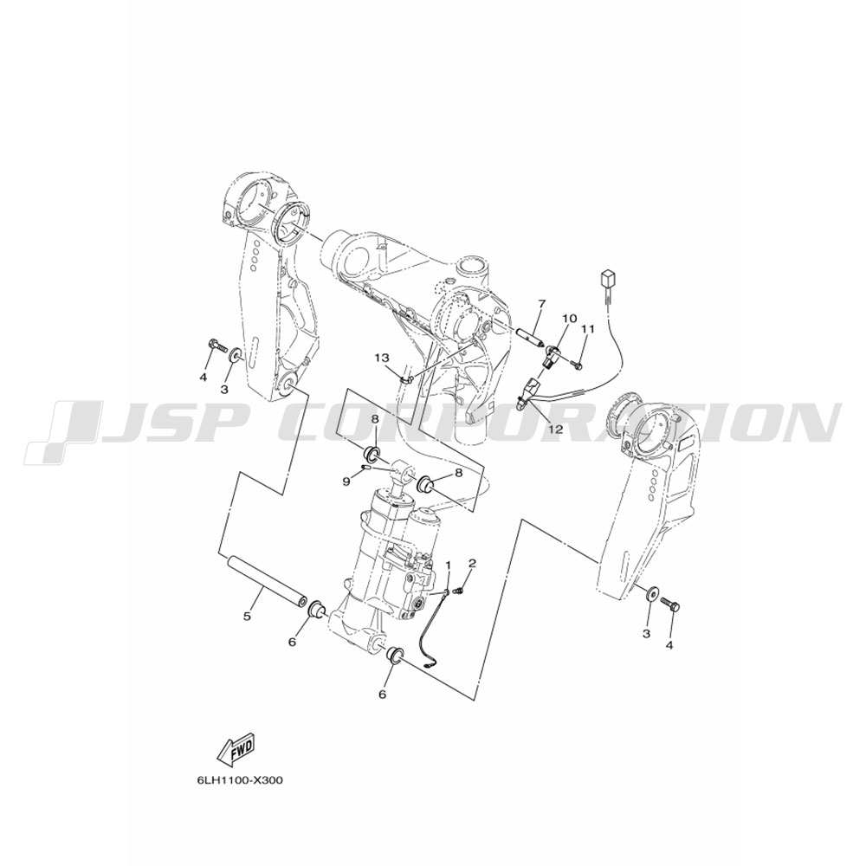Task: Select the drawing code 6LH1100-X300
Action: point(239,781)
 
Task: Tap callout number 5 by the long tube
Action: point(248,615)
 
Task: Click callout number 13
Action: point(382,359)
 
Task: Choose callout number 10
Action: point(570,318)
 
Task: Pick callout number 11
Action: point(588,329)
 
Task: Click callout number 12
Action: point(556,429)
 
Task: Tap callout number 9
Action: point(346,481)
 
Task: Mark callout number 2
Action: point(472,563)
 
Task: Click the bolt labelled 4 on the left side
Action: point(219,346)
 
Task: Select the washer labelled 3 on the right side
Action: point(652,594)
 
